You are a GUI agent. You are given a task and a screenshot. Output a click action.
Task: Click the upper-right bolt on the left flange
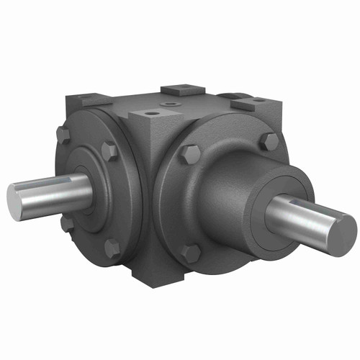tap(109, 151)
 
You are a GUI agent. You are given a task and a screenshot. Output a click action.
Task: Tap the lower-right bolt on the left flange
tap(112, 248)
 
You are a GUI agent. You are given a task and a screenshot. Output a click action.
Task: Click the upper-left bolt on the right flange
tap(189, 153)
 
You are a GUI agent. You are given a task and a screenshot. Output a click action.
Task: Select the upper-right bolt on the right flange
tap(270, 141)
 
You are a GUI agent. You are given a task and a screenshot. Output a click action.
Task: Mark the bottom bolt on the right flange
tap(191, 253)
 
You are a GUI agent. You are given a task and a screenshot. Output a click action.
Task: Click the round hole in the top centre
tap(171, 104)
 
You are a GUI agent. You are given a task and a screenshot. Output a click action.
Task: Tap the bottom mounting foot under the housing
tap(155, 272)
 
